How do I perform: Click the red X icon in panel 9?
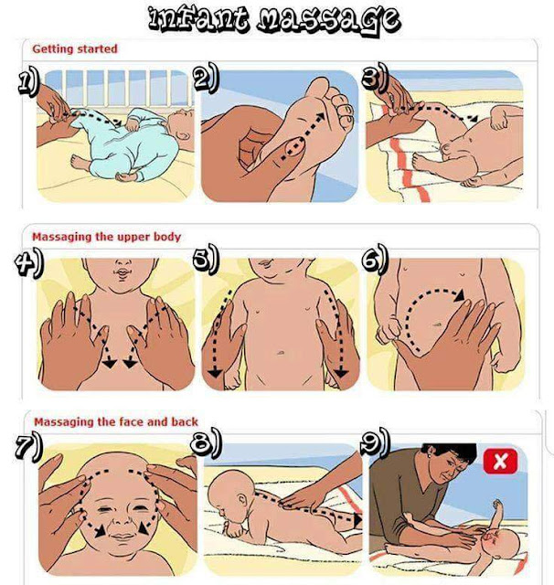click(500, 461)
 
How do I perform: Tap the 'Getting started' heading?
click(75, 48)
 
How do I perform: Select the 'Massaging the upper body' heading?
click(106, 237)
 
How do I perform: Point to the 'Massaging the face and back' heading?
click(116, 422)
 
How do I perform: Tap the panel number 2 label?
click(207, 77)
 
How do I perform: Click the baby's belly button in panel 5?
click(281, 352)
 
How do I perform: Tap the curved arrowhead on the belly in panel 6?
click(459, 294)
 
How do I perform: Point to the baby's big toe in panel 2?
click(319, 89)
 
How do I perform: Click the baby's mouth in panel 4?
click(122, 274)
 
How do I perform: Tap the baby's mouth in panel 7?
click(122, 537)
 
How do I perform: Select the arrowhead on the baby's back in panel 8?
click(357, 520)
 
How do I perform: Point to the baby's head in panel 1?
click(181, 129)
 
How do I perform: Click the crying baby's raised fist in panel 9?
click(497, 505)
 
